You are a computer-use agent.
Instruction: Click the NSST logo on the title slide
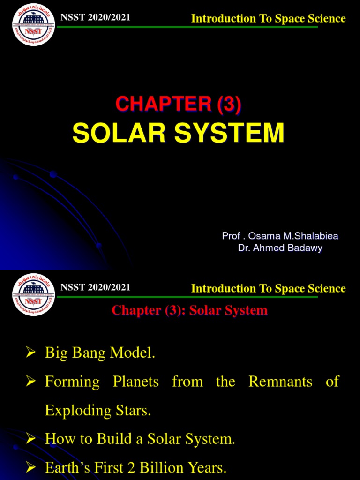[x=33, y=25]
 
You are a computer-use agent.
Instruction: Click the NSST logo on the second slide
[x=33, y=294]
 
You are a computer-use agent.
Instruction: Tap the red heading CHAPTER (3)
[x=179, y=104]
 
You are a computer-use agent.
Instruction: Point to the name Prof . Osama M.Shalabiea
[x=280, y=236]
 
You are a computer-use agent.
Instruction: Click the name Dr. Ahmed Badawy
[x=280, y=248]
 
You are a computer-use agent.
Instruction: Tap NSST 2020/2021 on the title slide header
[x=95, y=18]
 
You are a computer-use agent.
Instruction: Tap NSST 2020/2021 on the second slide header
[x=95, y=287]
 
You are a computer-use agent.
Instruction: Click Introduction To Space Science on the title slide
[x=268, y=19]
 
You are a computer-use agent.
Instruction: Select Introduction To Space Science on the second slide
[x=268, y=288]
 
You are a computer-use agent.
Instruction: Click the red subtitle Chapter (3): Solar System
[x=190, y=310]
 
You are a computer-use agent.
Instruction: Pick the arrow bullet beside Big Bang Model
[x=31, y=353]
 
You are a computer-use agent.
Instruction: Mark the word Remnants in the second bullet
[x=280, y=382]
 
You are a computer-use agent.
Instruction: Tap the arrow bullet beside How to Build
[x=31, y=439]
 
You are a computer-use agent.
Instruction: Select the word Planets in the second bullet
[x=135, y=382]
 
